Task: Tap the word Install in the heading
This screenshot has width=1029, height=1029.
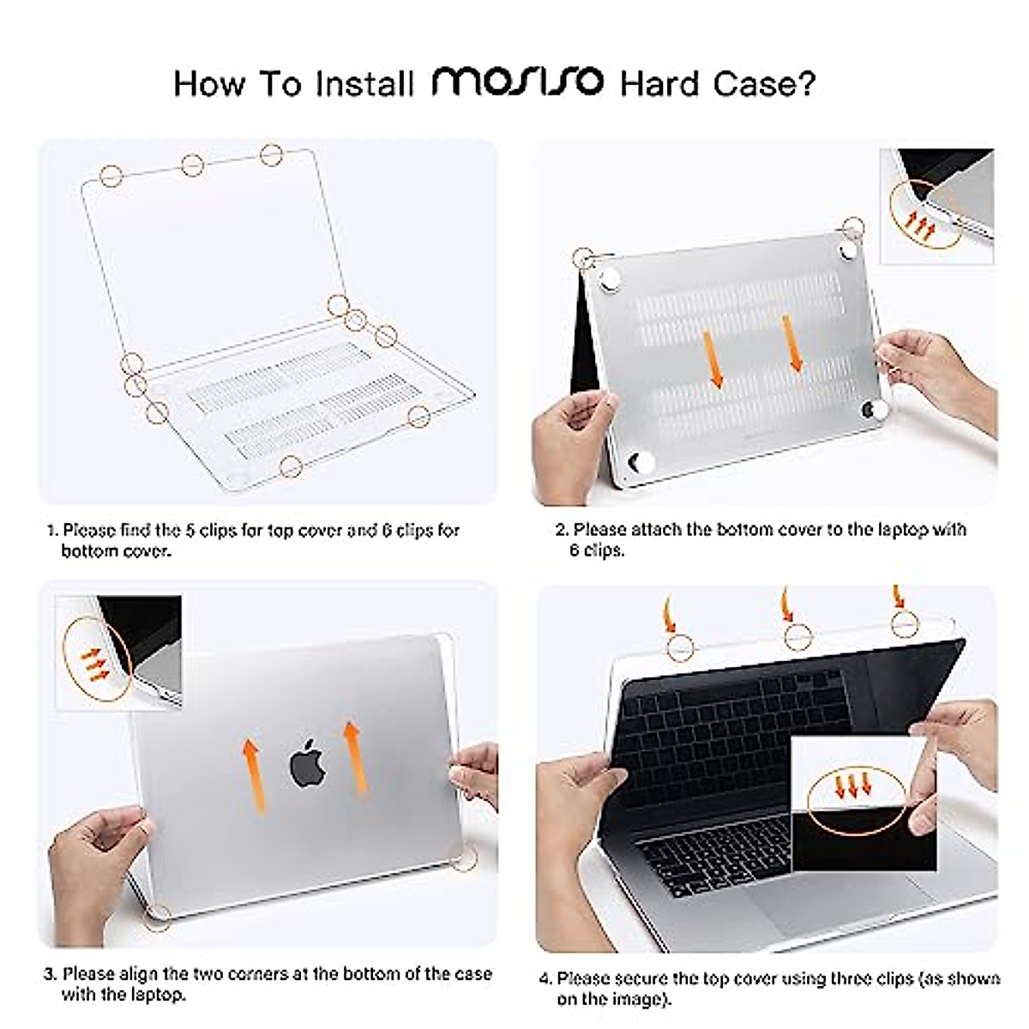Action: click(x=364, y=84)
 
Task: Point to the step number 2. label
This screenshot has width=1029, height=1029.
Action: click(x=562, y=530)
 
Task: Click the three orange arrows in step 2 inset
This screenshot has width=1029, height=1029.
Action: click(x=922, y=226)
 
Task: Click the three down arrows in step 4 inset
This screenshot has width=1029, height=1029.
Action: click(x=853, y=785)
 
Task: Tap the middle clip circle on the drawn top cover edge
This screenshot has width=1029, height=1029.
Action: click(x=193, y=165)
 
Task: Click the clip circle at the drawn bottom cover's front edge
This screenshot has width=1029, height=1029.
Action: click(x=292, y=466)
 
